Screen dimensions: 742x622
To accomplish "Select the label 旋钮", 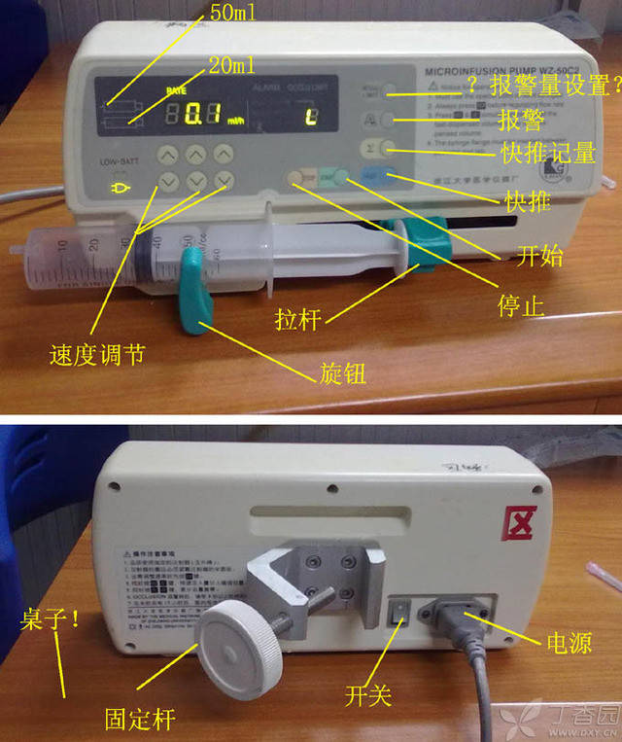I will [342, 372].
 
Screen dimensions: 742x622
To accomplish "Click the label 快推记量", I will [548, 153].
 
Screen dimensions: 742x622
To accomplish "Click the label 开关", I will [370, 695].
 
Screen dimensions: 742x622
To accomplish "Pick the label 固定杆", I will [140, 720].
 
